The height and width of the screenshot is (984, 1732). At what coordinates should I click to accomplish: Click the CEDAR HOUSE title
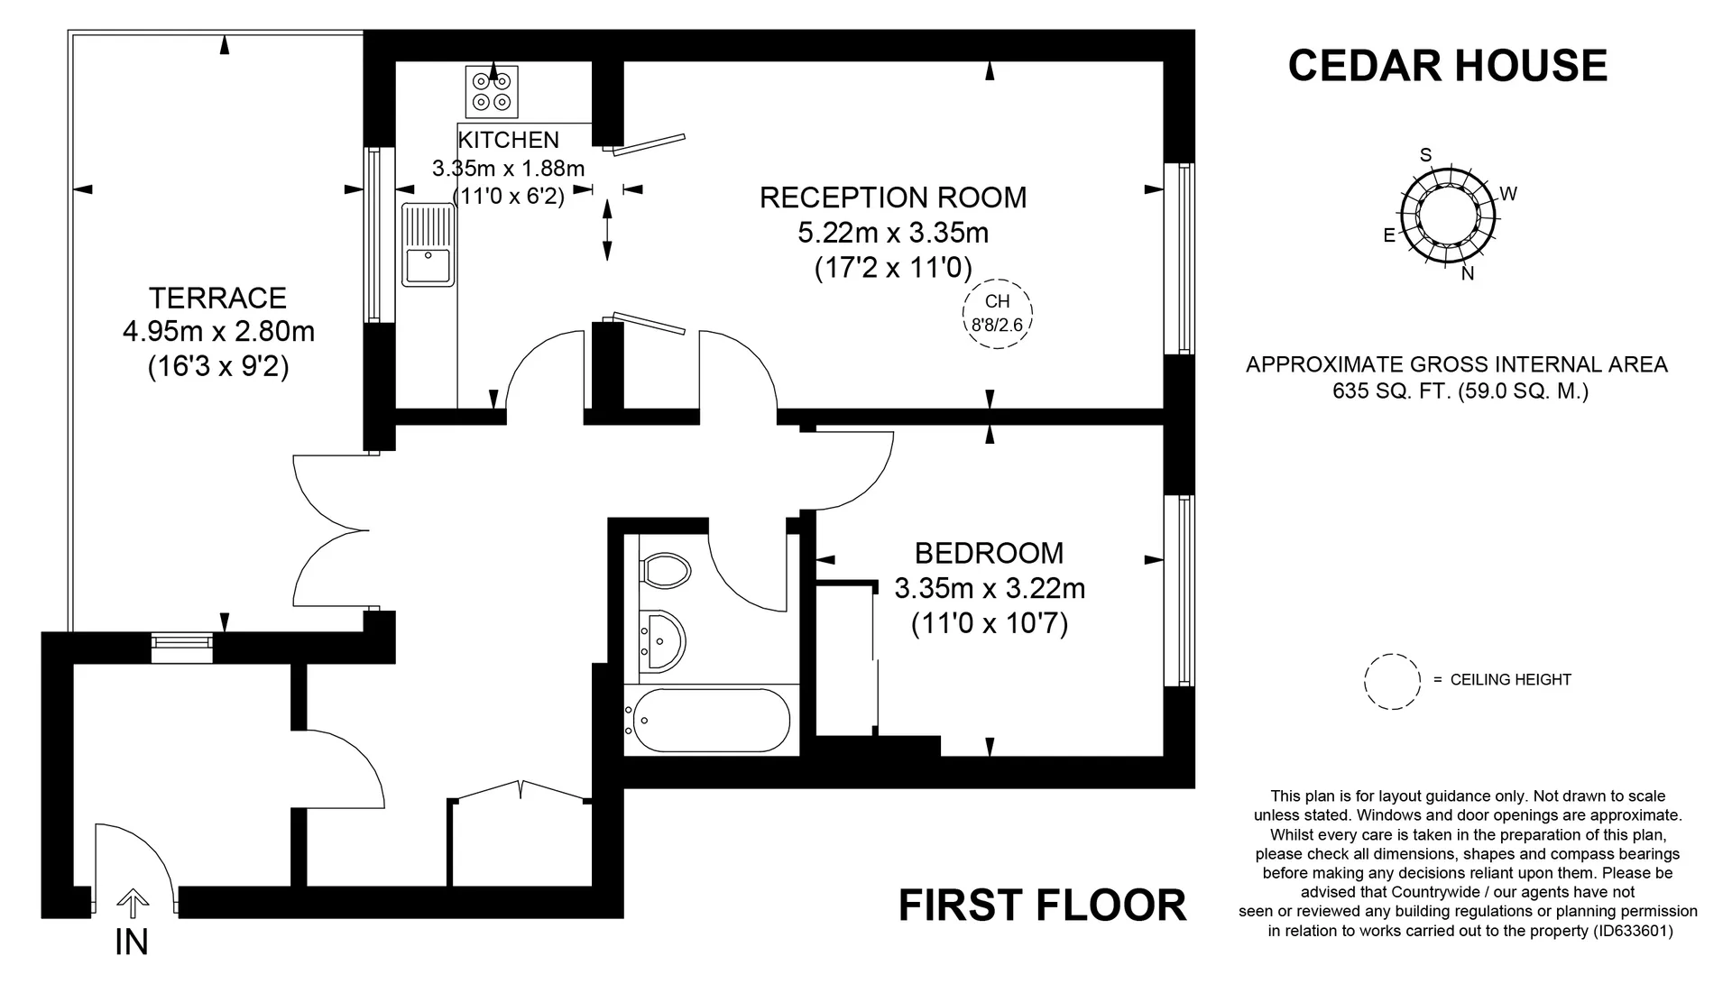[x=1447, y=66]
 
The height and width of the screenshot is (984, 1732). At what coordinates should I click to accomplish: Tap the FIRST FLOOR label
[x=1042, y=906]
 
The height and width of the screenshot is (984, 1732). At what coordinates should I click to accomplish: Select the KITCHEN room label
[x=509, y=140]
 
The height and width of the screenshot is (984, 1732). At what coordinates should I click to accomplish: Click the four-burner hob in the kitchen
[x=492, y=92]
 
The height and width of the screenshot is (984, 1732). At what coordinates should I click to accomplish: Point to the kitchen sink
[x=428, y=244]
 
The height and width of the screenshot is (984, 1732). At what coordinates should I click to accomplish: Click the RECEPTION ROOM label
[x=893, y=198]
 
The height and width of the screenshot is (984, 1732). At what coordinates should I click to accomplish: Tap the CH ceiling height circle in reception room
[x=997, y=314]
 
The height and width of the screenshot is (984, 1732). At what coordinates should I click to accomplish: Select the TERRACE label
[x=218, y=298]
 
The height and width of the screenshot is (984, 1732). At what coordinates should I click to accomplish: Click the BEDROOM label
[x=989, y=553]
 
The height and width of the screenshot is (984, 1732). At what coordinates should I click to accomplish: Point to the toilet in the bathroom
[x=665, y=570]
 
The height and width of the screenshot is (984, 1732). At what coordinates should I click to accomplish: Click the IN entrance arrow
[x=133, y=904]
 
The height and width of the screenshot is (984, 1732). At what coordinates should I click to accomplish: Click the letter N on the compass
[x=1468, y=273]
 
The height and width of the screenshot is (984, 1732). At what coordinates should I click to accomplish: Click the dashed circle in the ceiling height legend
[x=1393, y=682]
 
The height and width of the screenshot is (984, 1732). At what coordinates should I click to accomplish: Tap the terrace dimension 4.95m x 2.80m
[x=218, y=332]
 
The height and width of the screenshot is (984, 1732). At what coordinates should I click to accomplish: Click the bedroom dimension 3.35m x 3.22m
[x=990, y=589]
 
